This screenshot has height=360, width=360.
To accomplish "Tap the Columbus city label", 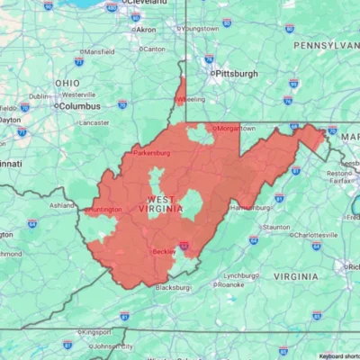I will tap(79, 105).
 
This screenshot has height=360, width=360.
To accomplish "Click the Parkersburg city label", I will tap(151, 153).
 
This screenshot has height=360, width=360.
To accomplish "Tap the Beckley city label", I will tap(164, 252).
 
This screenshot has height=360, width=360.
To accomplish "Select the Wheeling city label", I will tap(191, 100).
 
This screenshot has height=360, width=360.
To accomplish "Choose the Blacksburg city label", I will tap(174, 288).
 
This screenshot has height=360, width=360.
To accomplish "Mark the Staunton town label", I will tap(276, 228).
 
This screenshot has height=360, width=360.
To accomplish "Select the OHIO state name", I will tap(67, 83).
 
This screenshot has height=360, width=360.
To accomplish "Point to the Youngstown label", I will tap(200, 29).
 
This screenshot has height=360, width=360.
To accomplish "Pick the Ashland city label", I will tap(62, 205).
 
